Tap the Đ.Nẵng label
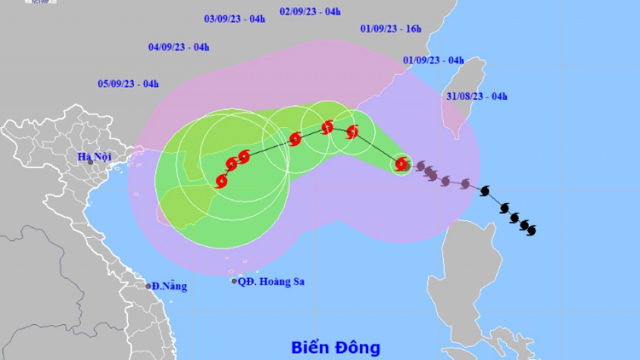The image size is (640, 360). click(x=169, y=287)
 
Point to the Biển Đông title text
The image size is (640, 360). click(x=335, y=348)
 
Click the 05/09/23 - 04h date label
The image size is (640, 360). click(x=128, y=84)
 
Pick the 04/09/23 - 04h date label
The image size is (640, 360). click(x=179, y=47)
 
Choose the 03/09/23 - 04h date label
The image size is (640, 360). click(x=234, y=18)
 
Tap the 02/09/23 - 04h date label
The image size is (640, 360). click(x=310, y=11)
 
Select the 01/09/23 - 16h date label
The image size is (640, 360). click(x=391, y=28)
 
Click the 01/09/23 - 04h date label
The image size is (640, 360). click(x=433, y=60)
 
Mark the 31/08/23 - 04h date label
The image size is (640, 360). click(x=477, y=96)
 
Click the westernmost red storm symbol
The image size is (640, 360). click(x=222, y=181)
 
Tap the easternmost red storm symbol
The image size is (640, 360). click(x=401, y=164)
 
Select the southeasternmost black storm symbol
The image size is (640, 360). click(x=531, y=230)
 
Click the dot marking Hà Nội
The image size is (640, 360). click(x=91, y=161)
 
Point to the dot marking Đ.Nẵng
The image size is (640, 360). click(x=148, y=286)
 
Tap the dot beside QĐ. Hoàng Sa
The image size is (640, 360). click(x=234, y=281)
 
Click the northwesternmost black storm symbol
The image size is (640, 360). click(x=485, y=191)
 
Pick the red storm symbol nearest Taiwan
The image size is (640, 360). click(x=401, y=164)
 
